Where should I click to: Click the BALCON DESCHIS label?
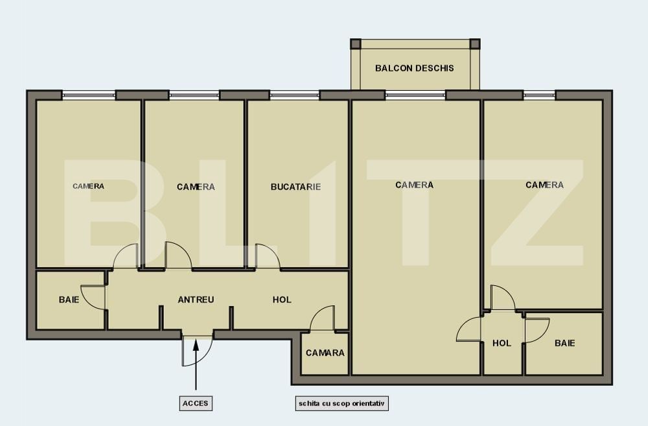click(x=415, y=68)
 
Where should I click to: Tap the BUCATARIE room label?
click(x=295, y=187)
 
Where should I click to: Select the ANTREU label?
click(x=196, y=300)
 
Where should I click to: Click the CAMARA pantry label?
click(x=325, y=353)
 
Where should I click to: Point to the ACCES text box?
click(x=196, y=403)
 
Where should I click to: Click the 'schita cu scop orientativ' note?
click(x=341, y=403)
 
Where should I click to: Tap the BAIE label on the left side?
click(x=69, y=300)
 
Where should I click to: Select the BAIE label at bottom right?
click(x=564, y=343)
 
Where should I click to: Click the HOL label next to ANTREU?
click(x=282, y=300)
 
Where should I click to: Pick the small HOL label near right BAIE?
click(x=502, y=343)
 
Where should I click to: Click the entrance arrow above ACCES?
click(x=196, y=363)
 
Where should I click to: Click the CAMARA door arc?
click(x=322, y=319)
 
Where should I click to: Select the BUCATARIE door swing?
click(x=267, y=256)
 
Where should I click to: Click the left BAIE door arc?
click(x=91, y=298)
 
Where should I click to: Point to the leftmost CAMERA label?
click(x=88, y=186)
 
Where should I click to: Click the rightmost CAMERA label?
click(x=544, y=185)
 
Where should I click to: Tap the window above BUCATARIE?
click(x=294, y=95)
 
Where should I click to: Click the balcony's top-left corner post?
click(x=355, y=44)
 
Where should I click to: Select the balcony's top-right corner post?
click(x=474, y=44)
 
